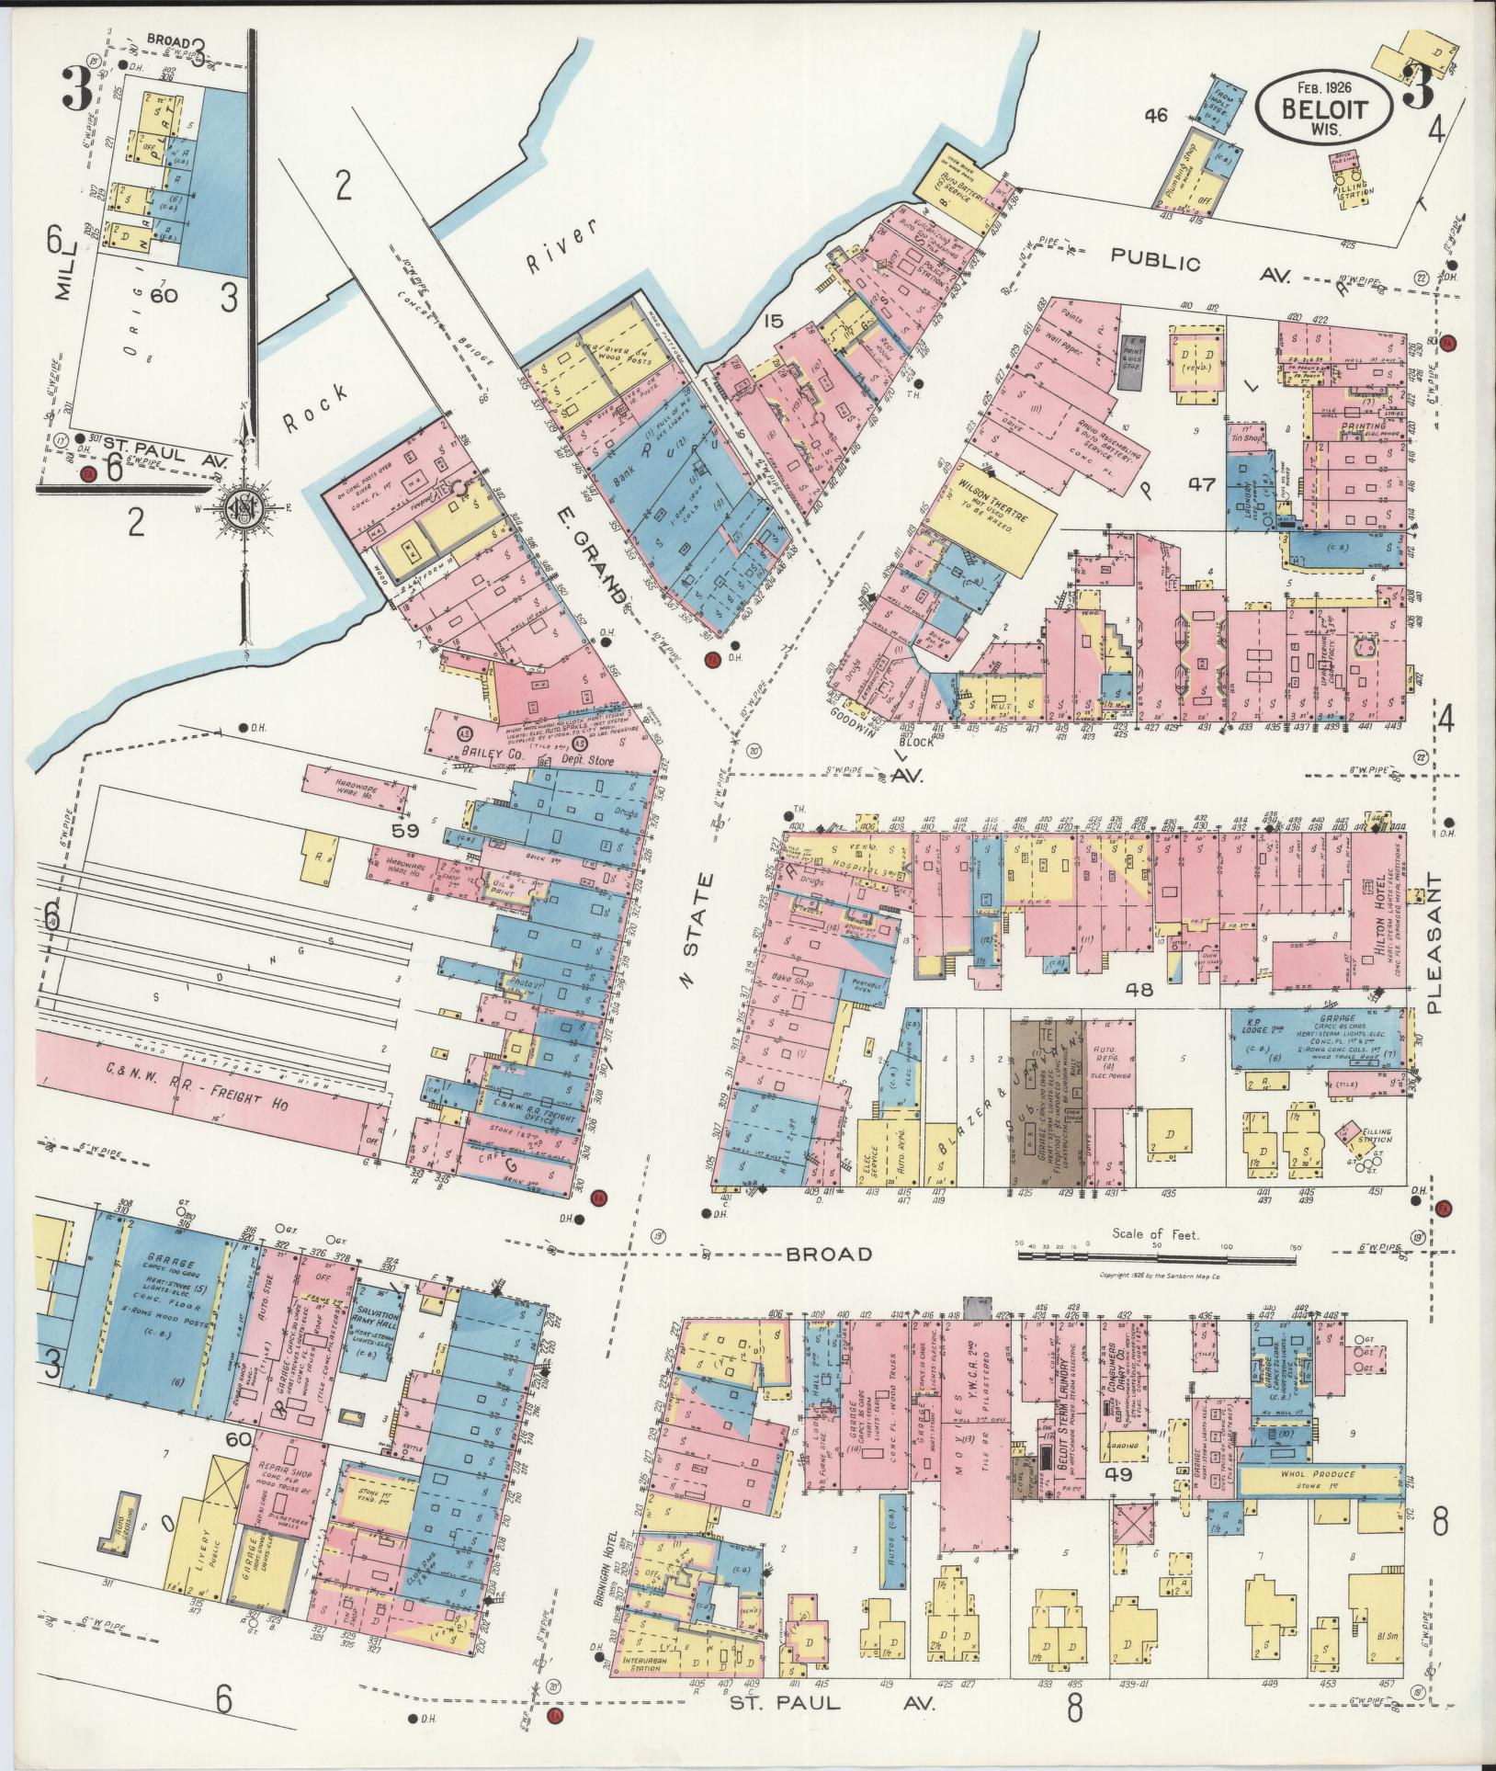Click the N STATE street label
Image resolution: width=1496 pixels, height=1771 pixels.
(699, 927)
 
